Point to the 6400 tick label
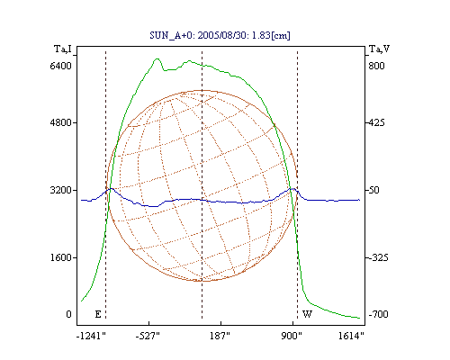tap(61, 66)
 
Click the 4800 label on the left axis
tap(61, 122)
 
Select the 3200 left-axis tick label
tap(61, 190)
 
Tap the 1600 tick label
tap(61, 257)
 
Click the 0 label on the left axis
tap(68, 314)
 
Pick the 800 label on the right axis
tap(376, 66)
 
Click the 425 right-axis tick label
tap(376, 122)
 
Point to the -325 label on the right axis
tap(378, 257)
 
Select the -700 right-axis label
tap(378, 314)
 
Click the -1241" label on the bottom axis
tap(91, 336)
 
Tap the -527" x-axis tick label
tap(148, 336)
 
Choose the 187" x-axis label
tap(220, 336)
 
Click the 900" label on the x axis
tap(292, 336)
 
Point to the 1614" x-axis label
tap(351, 336)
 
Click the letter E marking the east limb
tap(98, 314)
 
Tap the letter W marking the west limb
tap(307, 314)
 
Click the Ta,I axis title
tap(63, 49)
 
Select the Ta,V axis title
tap(379, 49)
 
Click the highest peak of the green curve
tap(157, 58)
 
